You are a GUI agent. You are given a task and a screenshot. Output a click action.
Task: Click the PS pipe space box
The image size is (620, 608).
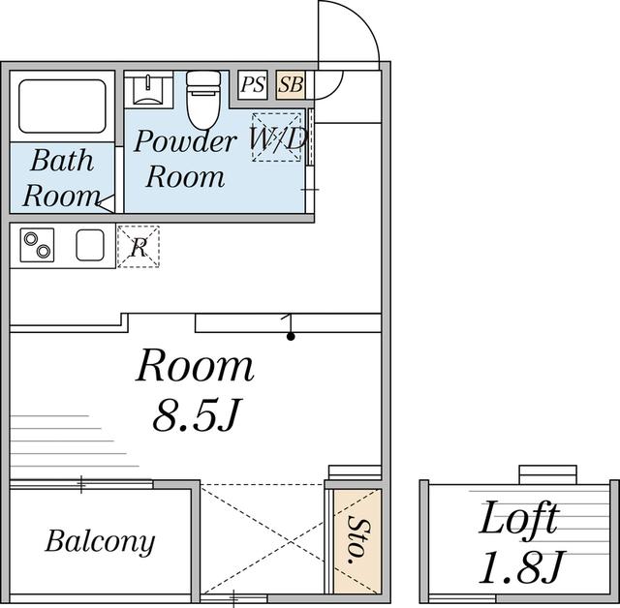pyautogui.click(x=253, y=84)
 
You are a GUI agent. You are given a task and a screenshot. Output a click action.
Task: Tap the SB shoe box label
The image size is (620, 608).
pyautogui.click(x=291, y=84)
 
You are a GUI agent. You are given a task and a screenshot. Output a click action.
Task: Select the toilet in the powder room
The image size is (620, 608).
pyautogui.click(x=203, y=100)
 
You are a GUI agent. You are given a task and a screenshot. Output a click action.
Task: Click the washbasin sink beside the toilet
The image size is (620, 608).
pyautogui.click(x=148, y=90)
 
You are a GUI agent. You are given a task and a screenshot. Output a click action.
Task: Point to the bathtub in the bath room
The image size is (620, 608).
pyautogui.click(x=62, y=106)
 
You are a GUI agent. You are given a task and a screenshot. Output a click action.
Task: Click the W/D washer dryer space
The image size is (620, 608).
pyautogui.click(x=277, y=137)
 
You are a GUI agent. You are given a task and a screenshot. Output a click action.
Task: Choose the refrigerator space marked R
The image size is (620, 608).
pyautogui.click(x=139, y=247)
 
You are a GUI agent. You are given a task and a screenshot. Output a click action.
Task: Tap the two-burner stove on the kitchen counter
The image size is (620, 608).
pyautogui.click(x=37, y=245)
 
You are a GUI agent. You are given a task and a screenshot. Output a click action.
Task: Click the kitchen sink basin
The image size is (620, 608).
pyautogui.click(x=90, y=245)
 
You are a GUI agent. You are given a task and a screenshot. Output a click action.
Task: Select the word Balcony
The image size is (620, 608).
pyautogui.click(x=100, y=542)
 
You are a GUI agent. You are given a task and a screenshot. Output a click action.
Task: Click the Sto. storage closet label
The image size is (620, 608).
pyautogui.click(x=356, y=539)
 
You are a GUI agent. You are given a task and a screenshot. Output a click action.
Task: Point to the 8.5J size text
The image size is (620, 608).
pyautogui.click(x=197, y=415)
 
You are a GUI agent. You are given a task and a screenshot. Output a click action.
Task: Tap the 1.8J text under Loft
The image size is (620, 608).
pyautogui.click(x=522, y=567)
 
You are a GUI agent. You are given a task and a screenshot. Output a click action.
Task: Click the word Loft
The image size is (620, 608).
pyautogui.click(x=519, y=517)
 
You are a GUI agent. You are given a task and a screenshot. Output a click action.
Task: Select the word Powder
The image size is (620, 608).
pyautogui.click(x=185, y=141)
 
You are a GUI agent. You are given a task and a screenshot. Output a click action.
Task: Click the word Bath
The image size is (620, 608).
pyautogui.click(x=62, y=161)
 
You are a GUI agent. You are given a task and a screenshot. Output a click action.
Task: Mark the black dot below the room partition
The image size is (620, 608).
pyautogui.click(x=291, y=337)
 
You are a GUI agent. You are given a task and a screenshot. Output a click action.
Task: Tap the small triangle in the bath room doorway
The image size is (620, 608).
pyautogui.click(x=107, y=203)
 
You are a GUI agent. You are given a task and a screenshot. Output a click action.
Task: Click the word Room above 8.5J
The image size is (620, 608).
pyautogui.click(x=195, y=365)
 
